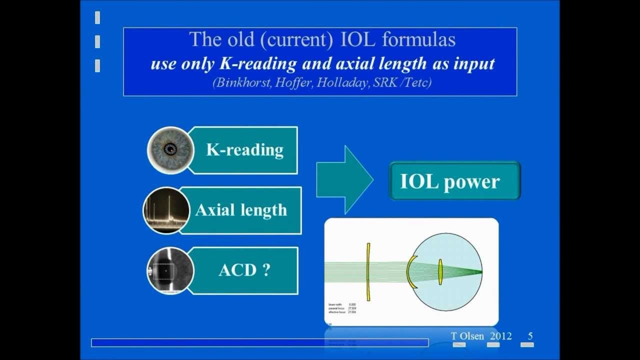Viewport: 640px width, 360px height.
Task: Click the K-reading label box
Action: point(244,150)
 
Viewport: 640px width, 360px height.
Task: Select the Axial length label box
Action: point(241,210)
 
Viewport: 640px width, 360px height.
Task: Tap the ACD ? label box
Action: point(244,270)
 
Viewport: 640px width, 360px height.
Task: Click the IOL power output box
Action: point(454,181)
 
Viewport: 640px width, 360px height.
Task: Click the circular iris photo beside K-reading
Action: point(171,149)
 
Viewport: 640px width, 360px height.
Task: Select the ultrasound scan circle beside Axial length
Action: point(166,210)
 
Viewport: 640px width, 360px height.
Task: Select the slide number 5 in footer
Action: point(530,336)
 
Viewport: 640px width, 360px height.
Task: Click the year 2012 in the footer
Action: point(500,336)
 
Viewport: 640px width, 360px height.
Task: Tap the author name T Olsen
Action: point(467,336)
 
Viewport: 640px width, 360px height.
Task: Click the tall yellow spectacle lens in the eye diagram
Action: point(368,272)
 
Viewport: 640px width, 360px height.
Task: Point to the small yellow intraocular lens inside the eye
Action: point(440,272)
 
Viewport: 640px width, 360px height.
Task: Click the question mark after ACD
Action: point(266,270)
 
